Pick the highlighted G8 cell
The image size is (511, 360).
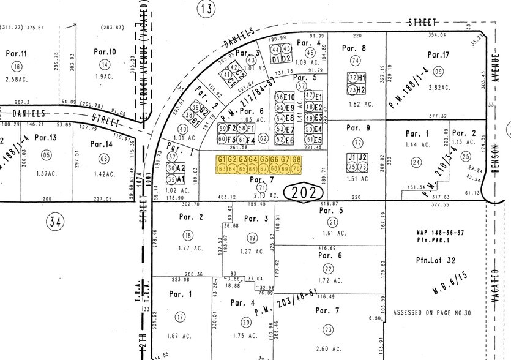point(297,160)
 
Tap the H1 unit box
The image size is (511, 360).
point(362,78)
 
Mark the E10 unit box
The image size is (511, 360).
point(290,97)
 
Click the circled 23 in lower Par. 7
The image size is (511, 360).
point(329,330)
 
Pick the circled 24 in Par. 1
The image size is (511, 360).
point(417,162)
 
